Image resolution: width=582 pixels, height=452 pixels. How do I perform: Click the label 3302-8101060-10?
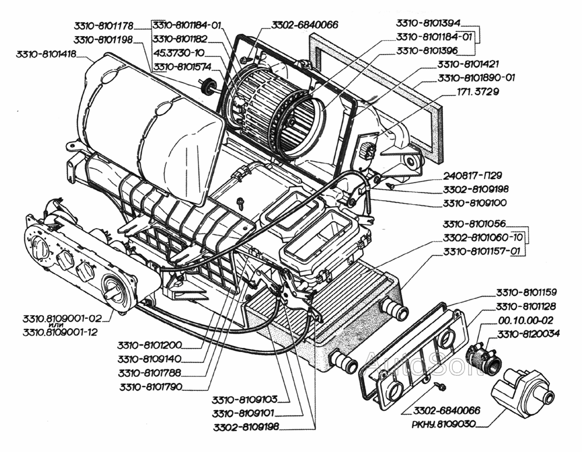coord(484,237)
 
